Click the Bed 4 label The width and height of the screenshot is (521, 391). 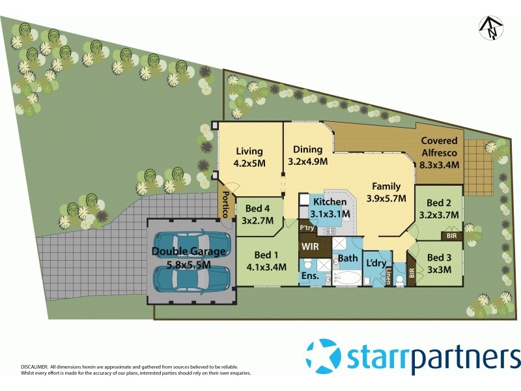[259, 209]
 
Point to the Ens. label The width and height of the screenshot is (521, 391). [309, 276]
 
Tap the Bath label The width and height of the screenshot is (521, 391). [347, 258]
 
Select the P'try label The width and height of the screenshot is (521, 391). [307, 229]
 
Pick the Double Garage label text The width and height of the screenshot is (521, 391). [189, 251]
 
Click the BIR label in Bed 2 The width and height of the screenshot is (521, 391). [452, 235]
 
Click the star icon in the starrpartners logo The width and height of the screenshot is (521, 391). [324, 357]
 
